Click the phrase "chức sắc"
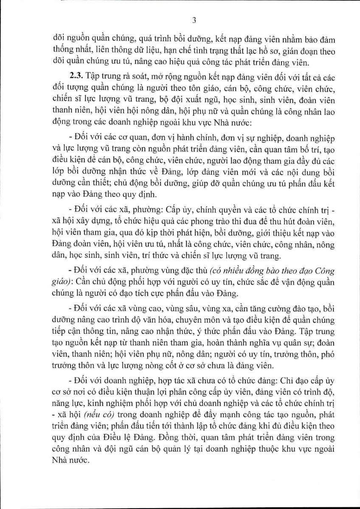tap(230, 281)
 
